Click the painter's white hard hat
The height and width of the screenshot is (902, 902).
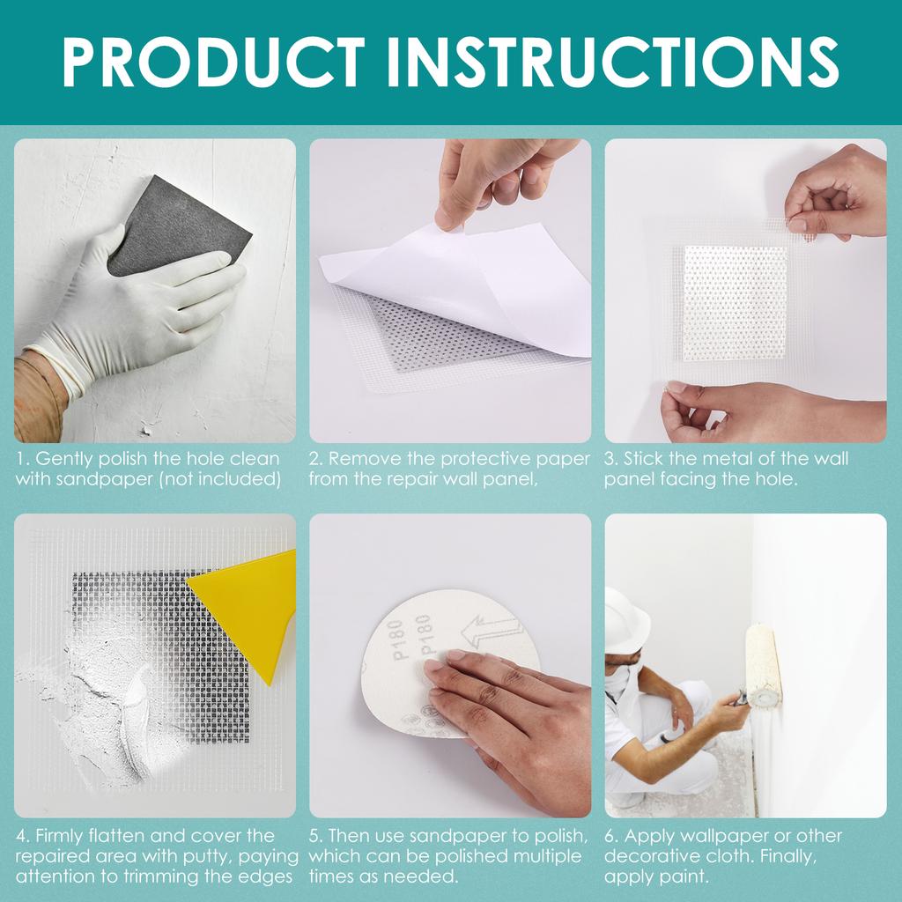(x=626, y=620)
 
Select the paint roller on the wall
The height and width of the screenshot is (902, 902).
(x=763, y=665)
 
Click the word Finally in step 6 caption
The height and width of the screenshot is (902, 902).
(x=787, y=856)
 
